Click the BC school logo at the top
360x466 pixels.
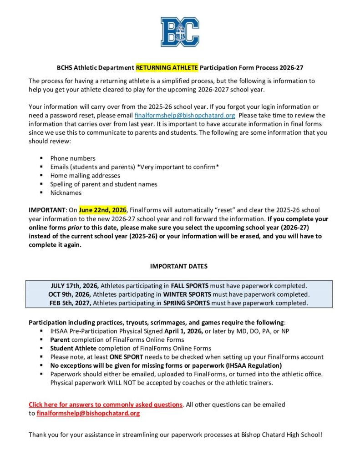(x=180, y=32)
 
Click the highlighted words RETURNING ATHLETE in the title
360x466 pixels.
(x=167, y=68)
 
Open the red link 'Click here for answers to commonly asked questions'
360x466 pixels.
(x=106, y=404)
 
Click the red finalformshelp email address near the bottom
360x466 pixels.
(x=88, y=413)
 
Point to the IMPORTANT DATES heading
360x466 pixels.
(x=179, y=266)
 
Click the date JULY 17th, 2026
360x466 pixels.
(x=75, y=286)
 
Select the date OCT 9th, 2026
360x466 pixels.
(x=70, y=294)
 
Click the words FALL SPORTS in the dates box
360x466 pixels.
(x=190, y=286)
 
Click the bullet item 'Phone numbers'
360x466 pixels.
(x=73, y=158)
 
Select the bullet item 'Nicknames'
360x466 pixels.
(x=66, y=192)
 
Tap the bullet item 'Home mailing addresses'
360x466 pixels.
(x=85, y=175)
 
